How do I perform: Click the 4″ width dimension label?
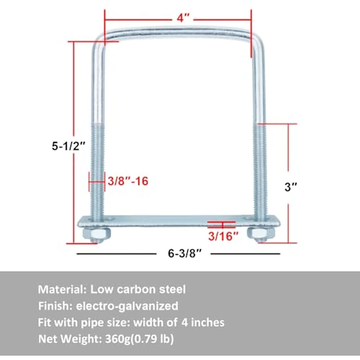coord(181,18)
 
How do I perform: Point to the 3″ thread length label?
coord(291,187)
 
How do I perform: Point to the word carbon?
coord(137,290)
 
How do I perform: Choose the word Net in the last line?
coord(47,339)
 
